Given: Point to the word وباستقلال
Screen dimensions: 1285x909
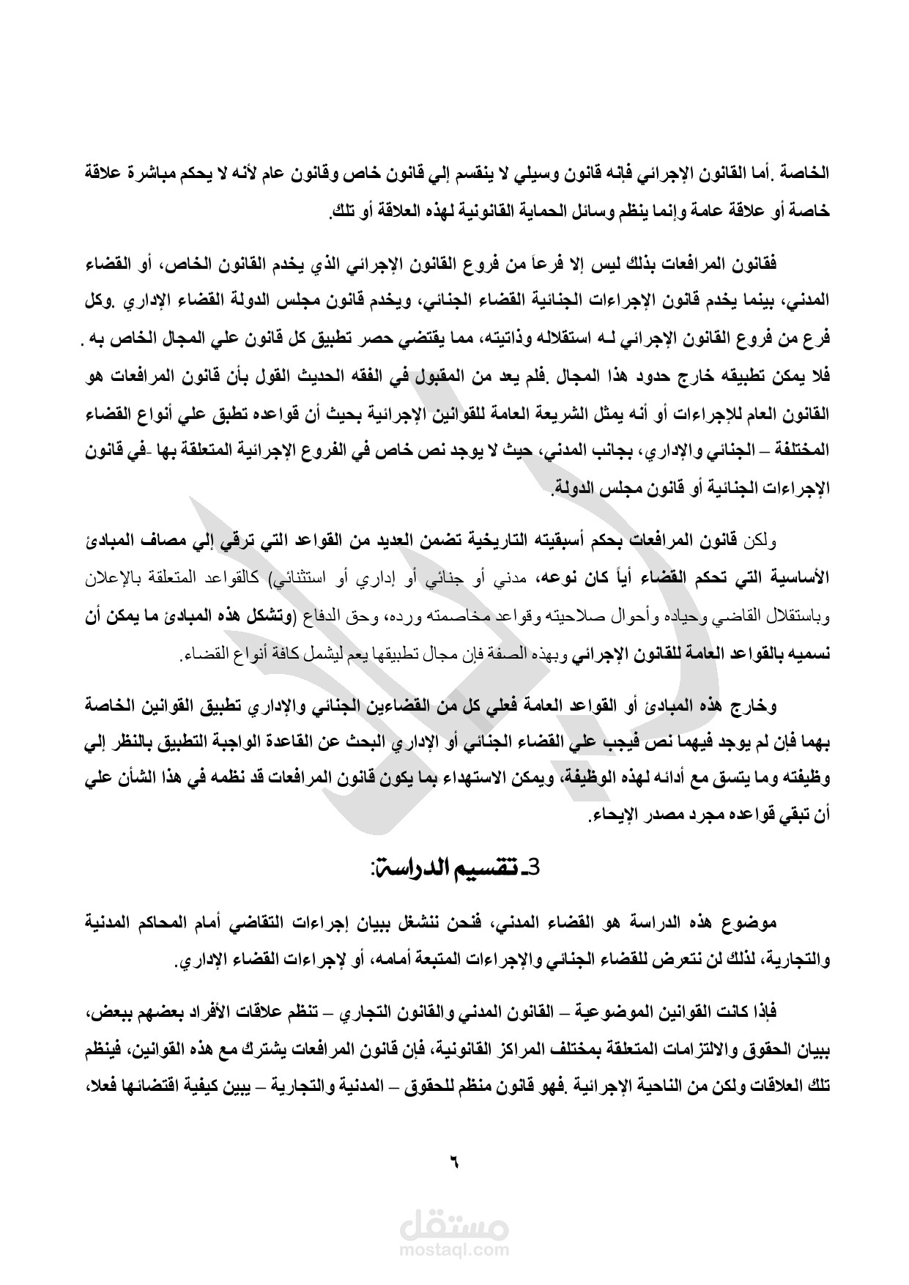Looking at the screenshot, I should click(x=799, y=617).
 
